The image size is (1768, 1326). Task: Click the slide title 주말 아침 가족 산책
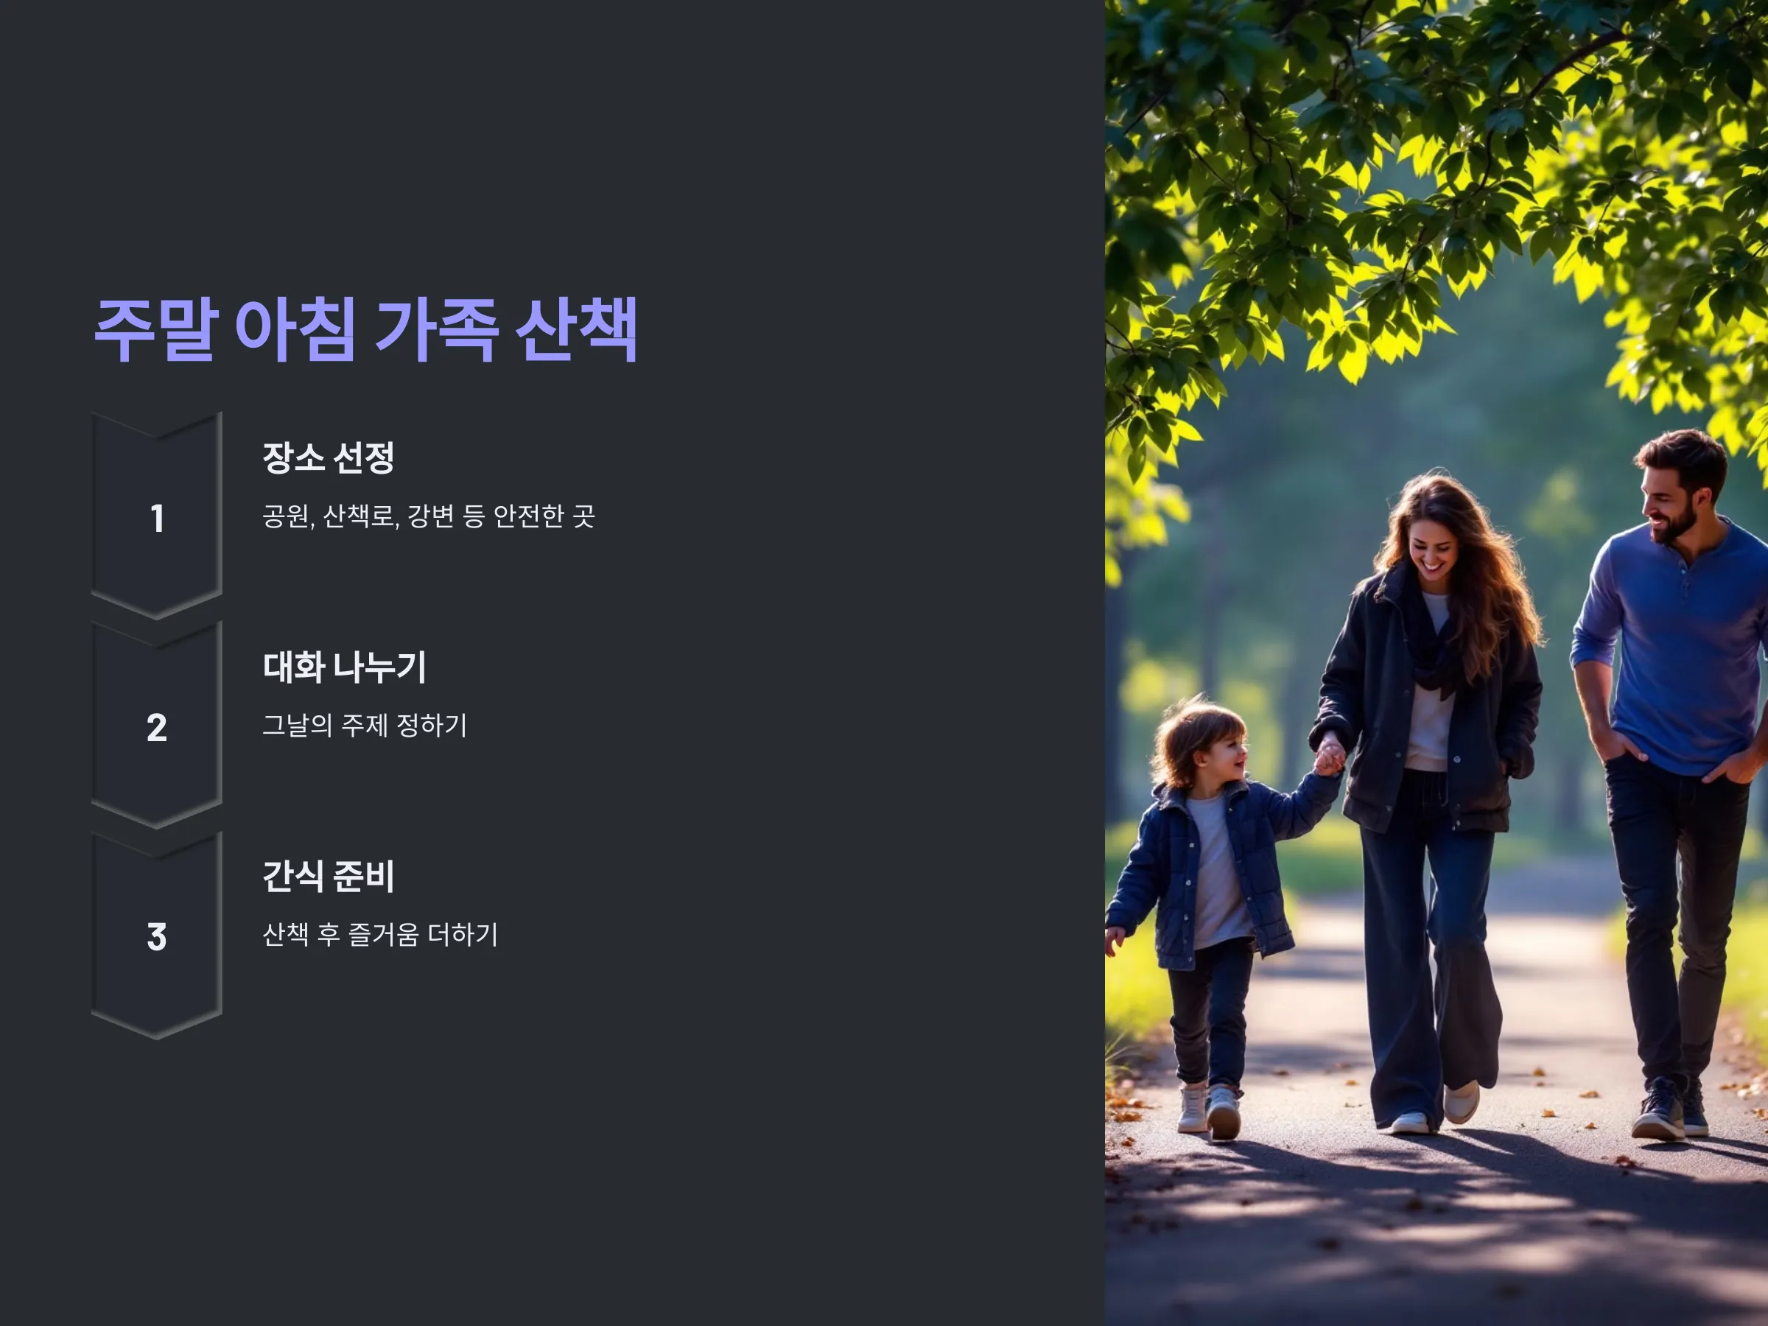[366, 329]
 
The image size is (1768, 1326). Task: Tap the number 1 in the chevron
[158, 518]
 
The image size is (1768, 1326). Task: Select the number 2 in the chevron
[157, 727]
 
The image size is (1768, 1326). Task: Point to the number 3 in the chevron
[157, 937]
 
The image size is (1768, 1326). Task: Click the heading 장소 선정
[329, 457]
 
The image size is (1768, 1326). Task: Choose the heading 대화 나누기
[345, 667]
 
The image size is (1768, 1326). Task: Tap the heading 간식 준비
[329, 876]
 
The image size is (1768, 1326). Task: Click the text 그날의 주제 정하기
[365, 726]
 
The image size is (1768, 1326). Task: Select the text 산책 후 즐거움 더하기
[380, 935]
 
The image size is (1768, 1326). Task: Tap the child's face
[1223, 755]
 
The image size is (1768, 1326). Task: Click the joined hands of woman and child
[1328, 756]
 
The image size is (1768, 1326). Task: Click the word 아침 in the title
[295, 329]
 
